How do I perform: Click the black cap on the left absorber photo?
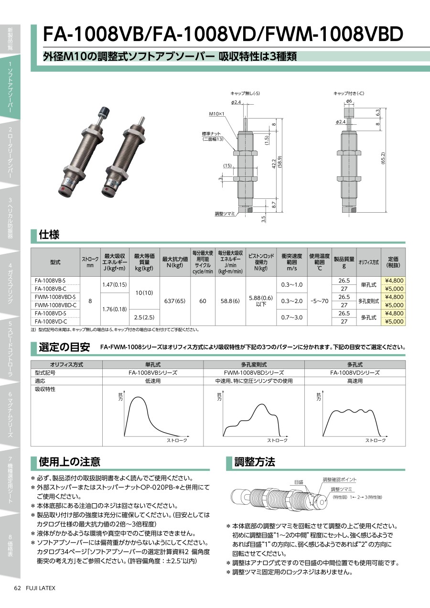coord(105,111)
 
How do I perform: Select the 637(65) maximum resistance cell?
coord(175,301)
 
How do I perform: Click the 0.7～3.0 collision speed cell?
coord(291,317)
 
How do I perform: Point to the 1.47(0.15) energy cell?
coord(115,285)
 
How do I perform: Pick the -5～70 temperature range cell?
coord(319,301)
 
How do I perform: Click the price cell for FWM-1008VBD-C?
coord(394,305)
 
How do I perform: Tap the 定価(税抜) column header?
coord(393,262)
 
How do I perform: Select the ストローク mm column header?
coord(90,262)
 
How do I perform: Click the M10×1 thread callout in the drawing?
coord(216,114)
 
